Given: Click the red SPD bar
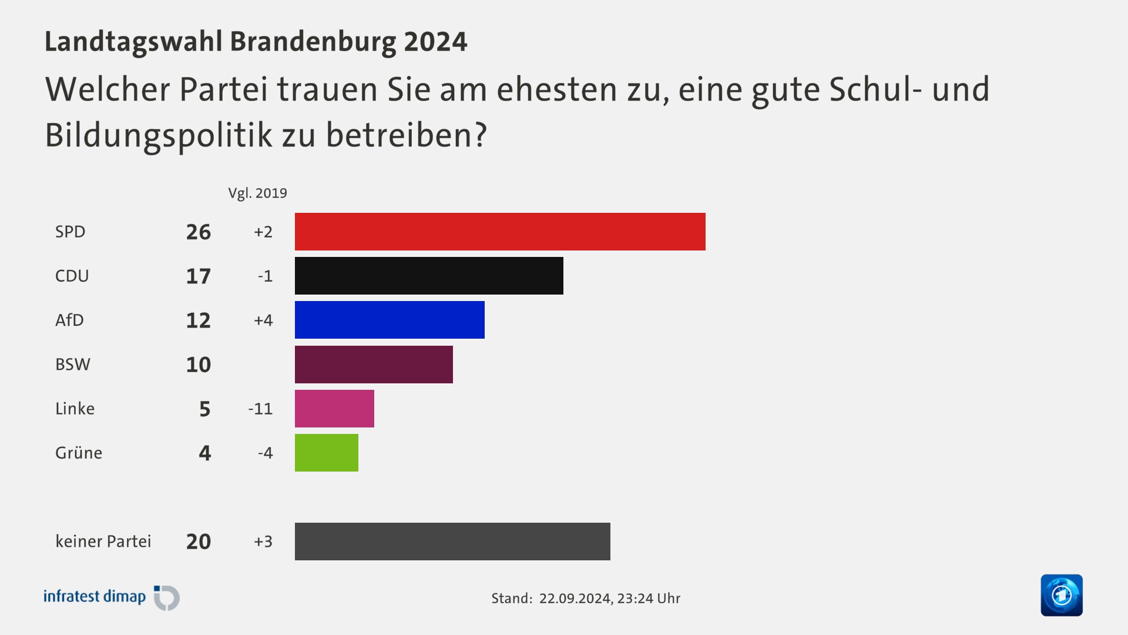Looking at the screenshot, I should point(499,232).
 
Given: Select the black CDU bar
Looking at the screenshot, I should point(429,276).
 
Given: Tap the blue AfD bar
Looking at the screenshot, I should point(390,320).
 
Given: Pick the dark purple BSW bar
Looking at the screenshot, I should point(374,365).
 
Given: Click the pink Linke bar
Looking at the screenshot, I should point(334,409).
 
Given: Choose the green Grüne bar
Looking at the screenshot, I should point(327,453).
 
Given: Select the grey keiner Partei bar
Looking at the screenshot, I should point(452,542).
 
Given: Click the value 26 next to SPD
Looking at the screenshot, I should point(199,232).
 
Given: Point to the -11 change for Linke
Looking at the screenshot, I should point(260,409).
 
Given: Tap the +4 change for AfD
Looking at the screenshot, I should point(263,320).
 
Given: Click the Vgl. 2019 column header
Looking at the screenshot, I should point(257,193).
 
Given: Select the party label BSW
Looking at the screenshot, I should point(73,365).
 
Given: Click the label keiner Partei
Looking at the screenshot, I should point(103,542).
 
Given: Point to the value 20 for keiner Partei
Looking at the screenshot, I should point(199,542).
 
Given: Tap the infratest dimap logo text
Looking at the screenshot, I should point(95,597).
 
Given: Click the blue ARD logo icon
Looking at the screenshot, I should point(1062,595).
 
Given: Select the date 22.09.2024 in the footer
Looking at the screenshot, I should point(575,599).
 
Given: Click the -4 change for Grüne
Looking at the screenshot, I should point(265,453).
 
